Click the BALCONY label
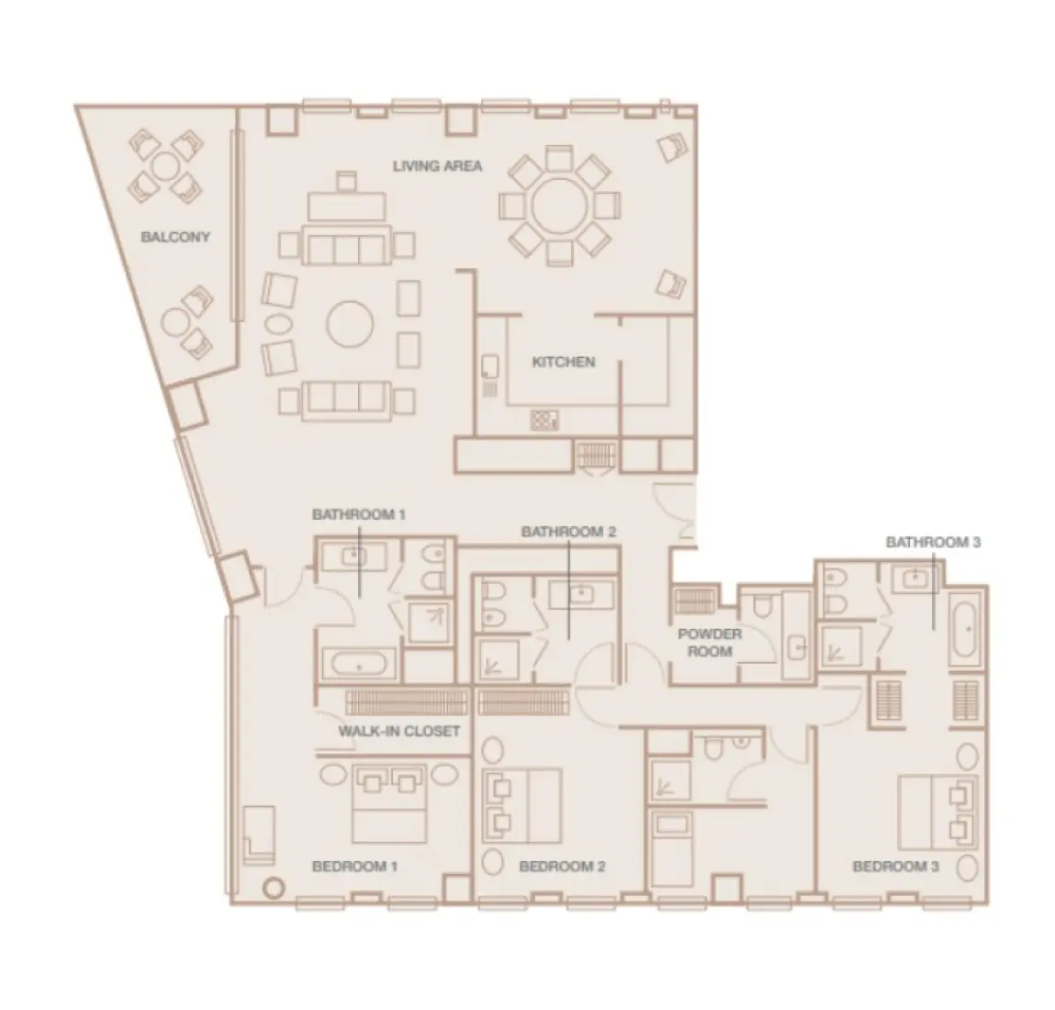(x=174, y=237)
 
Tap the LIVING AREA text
(x=437, y=166)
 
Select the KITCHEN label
(x=563, y=362)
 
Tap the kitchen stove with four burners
(x=544, y=421)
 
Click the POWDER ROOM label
(x=709, y=642)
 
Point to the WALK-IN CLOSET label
(x=398, y=731)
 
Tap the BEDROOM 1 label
(x=354, y=866)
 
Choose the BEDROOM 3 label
(x=895, y=866)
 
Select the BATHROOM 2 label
(x=567, y=532)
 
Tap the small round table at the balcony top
(x=164, y=166)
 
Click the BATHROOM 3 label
(x=932, y=542)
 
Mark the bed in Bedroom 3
(x=932, y=813)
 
